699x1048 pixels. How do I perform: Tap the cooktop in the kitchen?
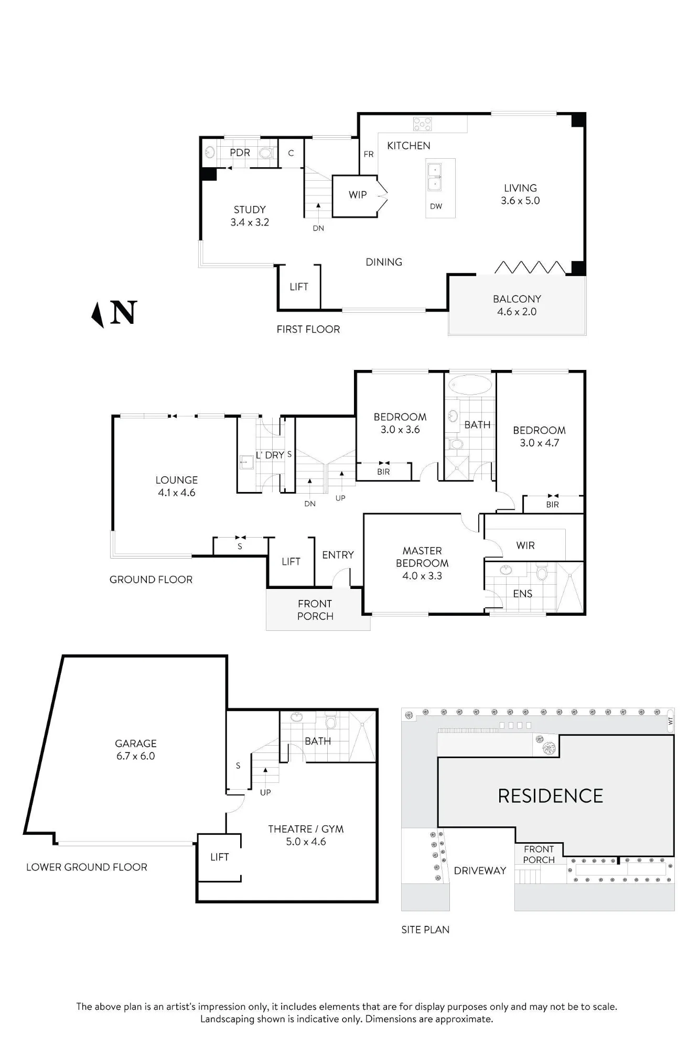[422, 124]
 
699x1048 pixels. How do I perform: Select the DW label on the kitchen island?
[436, 206]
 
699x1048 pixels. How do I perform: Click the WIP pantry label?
[358, 195]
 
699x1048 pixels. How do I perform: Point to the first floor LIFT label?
[299, 287]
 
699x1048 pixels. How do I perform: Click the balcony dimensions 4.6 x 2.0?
[517, 312]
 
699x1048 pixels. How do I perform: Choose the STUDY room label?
[250, 210]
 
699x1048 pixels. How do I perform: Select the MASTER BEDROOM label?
[422, 557]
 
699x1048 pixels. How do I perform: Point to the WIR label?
[525, 545]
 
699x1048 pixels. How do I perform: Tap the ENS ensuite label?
[523, 594]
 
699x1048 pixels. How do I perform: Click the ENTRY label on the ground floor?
[338, 555]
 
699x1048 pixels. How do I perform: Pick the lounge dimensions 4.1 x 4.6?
[177, 493]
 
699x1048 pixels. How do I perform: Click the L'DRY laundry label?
[270, 455]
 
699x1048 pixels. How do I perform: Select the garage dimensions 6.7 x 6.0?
[136, 756]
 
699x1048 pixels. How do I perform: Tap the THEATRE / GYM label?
[306, 829]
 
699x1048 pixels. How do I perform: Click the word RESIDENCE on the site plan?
[551, 796]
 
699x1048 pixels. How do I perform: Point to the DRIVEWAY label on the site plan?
[480, 870]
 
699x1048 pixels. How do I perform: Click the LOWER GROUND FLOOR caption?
[87, 867]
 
